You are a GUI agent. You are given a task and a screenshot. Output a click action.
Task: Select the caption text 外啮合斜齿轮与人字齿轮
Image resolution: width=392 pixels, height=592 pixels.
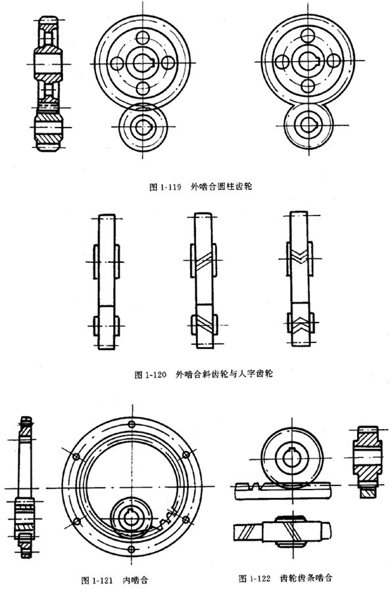[x=224, y=374]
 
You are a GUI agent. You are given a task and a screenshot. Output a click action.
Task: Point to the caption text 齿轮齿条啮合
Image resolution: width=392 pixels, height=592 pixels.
[x=306, y=578]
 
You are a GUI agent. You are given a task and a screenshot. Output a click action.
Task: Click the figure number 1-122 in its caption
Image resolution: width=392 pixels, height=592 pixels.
[x=260, y=578]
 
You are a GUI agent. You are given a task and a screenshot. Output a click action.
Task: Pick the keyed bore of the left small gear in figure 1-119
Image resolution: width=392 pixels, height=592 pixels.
[x=143, y=126]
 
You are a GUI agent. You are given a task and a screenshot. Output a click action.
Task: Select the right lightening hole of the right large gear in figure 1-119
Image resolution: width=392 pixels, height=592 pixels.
[x=333, y=61]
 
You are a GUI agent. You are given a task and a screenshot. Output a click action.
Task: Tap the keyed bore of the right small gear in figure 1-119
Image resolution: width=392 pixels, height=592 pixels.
[x=309, y=125]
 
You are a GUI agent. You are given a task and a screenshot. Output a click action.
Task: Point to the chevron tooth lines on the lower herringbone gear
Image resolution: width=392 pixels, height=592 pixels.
[x=299, y=323]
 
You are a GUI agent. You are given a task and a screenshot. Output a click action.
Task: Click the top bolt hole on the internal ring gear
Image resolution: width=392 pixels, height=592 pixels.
[x=132, y=424]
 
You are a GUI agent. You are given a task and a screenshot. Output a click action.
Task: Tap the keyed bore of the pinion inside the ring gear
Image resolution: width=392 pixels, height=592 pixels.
[x=132, y=520]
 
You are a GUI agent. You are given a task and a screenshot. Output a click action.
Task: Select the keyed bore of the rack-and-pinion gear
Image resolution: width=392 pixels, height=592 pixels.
[x=291, y=457]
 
